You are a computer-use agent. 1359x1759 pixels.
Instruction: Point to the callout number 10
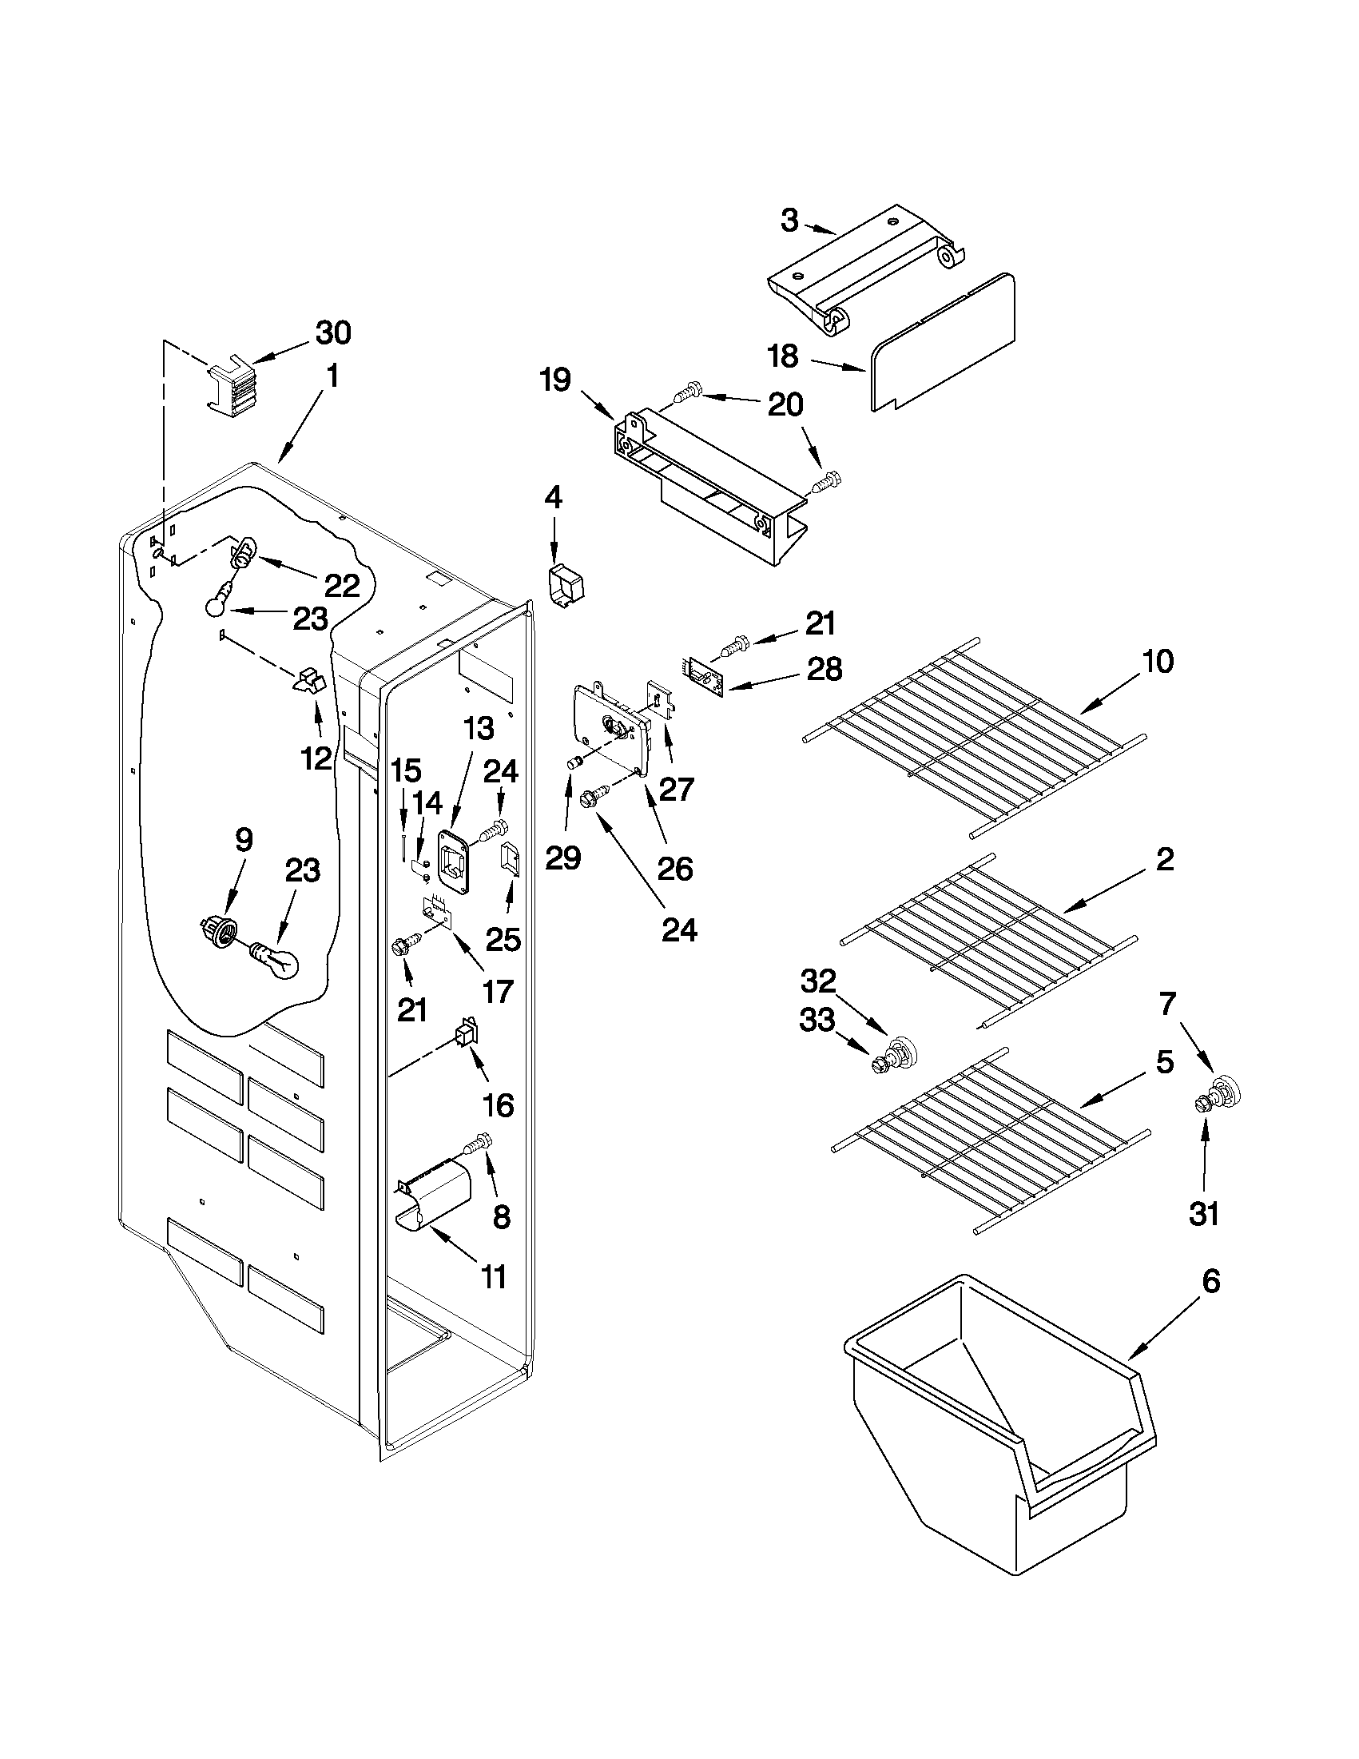tap(1157, 661)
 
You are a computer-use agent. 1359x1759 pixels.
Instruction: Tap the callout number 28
tap(825, 668)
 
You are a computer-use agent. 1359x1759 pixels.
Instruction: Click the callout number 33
tap(817, 1021)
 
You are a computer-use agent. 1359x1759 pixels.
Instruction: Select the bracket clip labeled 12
tap(309, 683)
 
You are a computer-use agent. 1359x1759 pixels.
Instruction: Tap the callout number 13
tap(479, 729)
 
